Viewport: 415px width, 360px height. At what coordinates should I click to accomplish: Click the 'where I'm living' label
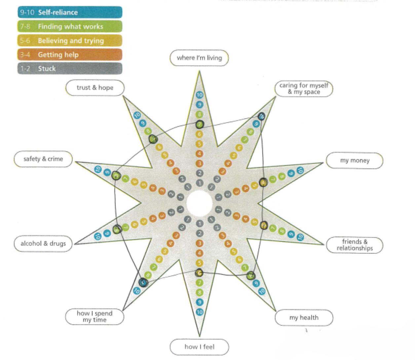click(x=199, y=58)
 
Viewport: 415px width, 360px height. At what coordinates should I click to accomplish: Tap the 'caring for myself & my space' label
click(x=304, y=89)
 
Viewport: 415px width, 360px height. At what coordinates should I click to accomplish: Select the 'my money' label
click(x=355, y=161)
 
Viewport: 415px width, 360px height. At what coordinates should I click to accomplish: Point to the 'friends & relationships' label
click(x=355, y=245)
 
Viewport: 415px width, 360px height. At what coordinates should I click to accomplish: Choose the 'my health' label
click(x=304, y=318)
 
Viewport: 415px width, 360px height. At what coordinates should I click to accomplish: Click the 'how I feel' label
click(x=199, y=347)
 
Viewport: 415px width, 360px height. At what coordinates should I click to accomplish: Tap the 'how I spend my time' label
click(x=94, y=316)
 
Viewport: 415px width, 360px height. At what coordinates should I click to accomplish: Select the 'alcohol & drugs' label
click(x=43, y=244)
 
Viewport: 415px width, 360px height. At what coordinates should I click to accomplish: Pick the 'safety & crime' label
click(x=43, y=159)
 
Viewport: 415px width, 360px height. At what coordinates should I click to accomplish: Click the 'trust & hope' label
click(x=95, y=88)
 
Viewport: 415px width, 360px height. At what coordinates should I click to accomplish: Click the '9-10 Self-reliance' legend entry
click(x=70, y=13)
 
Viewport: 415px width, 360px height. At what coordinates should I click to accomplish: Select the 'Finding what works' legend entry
click(x=70, y=26)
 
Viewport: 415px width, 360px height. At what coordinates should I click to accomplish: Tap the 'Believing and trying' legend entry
click(x=70, y=41)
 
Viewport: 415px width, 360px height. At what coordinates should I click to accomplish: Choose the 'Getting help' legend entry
click(x=70, y=55)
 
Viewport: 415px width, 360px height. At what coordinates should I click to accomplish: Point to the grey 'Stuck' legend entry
click(x=70, y=69)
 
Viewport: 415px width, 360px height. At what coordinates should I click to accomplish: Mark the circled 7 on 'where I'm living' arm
click(x=199, y=125)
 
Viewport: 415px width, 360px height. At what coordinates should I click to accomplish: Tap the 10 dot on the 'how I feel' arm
click(x=199, y=312)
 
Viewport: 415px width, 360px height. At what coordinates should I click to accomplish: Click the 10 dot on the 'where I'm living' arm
click(x=199, y=95)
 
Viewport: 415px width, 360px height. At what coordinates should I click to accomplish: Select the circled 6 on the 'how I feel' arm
click(x=199, y=273)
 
